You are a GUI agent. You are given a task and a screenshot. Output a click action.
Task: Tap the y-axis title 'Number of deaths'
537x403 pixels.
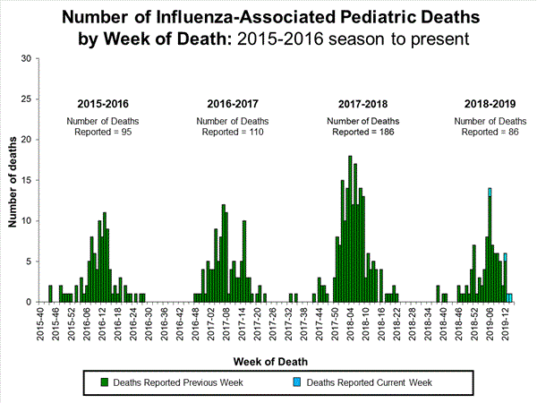pos(14,180)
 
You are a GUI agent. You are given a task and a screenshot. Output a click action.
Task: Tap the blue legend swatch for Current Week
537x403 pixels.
pos(297,383)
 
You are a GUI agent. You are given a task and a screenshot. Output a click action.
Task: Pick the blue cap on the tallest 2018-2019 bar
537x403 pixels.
pos(490,192)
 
